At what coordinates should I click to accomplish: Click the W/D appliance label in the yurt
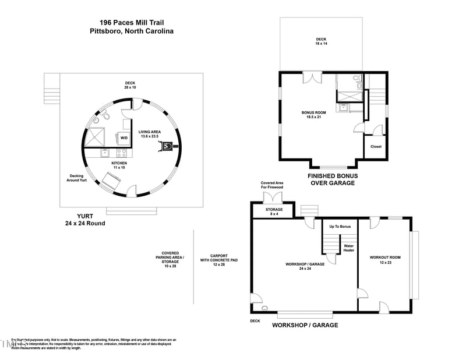click(124, 138)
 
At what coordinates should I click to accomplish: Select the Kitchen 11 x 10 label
click(119, 165)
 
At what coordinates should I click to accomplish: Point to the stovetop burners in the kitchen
click(122, 153)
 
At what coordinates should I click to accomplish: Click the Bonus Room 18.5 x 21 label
click(313, 114)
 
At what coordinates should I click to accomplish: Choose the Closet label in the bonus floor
click(376, 147)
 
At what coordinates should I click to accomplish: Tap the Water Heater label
click(348, 248)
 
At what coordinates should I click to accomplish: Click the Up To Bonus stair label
click(340, 226)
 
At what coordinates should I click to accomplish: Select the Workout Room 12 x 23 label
click(385, 259)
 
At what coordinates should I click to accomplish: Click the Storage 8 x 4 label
click(274, 211)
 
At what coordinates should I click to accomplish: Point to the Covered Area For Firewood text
click(272, 185)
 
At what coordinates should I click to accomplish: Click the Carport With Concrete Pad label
click(218, 259)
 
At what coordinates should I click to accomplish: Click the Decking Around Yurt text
click(77, 178)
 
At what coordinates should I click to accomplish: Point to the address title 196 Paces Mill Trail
click(132, 22)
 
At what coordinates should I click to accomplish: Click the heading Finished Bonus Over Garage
click(332, 179)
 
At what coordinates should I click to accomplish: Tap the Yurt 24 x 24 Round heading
click(85, 219)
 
